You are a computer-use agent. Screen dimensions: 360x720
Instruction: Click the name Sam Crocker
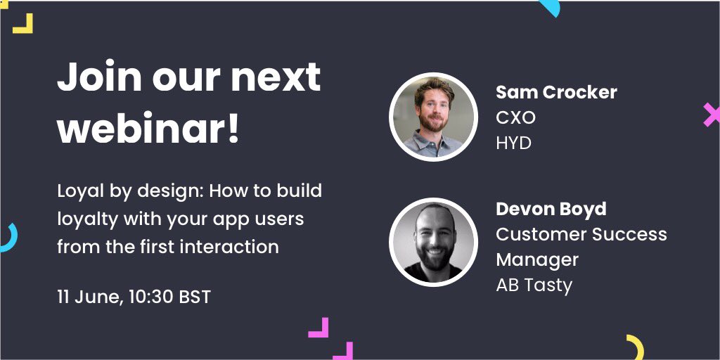pyautogui.click(x=556, y=92)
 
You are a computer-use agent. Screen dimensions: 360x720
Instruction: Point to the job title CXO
pyautogui.click(x=515, y=117)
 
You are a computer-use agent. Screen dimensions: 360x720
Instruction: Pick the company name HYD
pyautogui.click(x=513, y=143)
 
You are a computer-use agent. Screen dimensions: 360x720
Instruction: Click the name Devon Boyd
pyautogui.click(x=551, y=209)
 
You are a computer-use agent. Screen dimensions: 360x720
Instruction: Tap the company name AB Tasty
pyautogui.click(x=534, y=285)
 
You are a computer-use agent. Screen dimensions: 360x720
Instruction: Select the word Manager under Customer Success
pyautogui.click(x=537, y=259)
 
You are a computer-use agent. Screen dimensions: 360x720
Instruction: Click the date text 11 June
pyautogui.click(x=89, y=297)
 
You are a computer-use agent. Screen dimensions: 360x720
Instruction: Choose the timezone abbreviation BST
pyautogui.click(x=195, y=297)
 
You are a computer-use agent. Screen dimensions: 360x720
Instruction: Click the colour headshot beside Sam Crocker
pyautogui.click(x=432, y=117)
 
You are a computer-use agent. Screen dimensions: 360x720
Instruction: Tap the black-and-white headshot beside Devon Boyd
pyautogui.click(x=432, y=242)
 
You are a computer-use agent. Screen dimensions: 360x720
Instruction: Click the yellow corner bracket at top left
pyautogui.click(x=22, y=24)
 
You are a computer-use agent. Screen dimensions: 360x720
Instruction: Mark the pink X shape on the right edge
pyautogui.click(x=711, y=115)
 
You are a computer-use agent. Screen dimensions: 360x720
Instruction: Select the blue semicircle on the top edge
pyautogui.click(x=549, y=7)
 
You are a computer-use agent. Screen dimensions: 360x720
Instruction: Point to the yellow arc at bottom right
pyautogui.click(x=636, y=347)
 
